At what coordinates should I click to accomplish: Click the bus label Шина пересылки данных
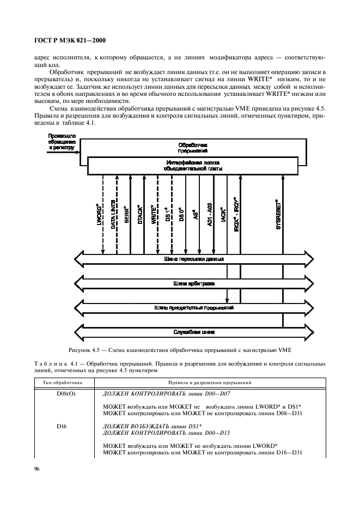pos(194,259)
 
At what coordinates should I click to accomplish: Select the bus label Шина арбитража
pos(194,284)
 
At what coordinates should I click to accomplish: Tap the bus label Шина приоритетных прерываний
pos(194,308)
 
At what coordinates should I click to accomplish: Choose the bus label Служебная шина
pos(194,332)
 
